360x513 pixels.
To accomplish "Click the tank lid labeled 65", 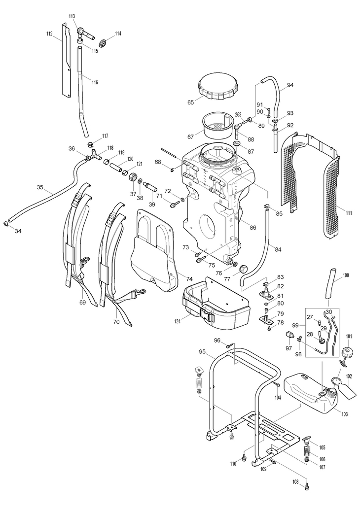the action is [x=218, y=86].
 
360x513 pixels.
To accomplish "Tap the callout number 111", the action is [x=349, y=213].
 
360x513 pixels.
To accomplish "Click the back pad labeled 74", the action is [x=154, y=249].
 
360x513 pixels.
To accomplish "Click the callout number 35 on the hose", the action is [x=40, y=187].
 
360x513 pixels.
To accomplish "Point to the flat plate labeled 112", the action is [x=67, y=60].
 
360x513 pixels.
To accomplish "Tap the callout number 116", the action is [x=95, y=82].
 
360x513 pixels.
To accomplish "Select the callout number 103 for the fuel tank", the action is [x=344, y=414].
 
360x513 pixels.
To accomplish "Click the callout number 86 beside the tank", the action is [x=252, y=227].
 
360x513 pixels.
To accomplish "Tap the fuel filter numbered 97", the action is [x=289, y=336].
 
